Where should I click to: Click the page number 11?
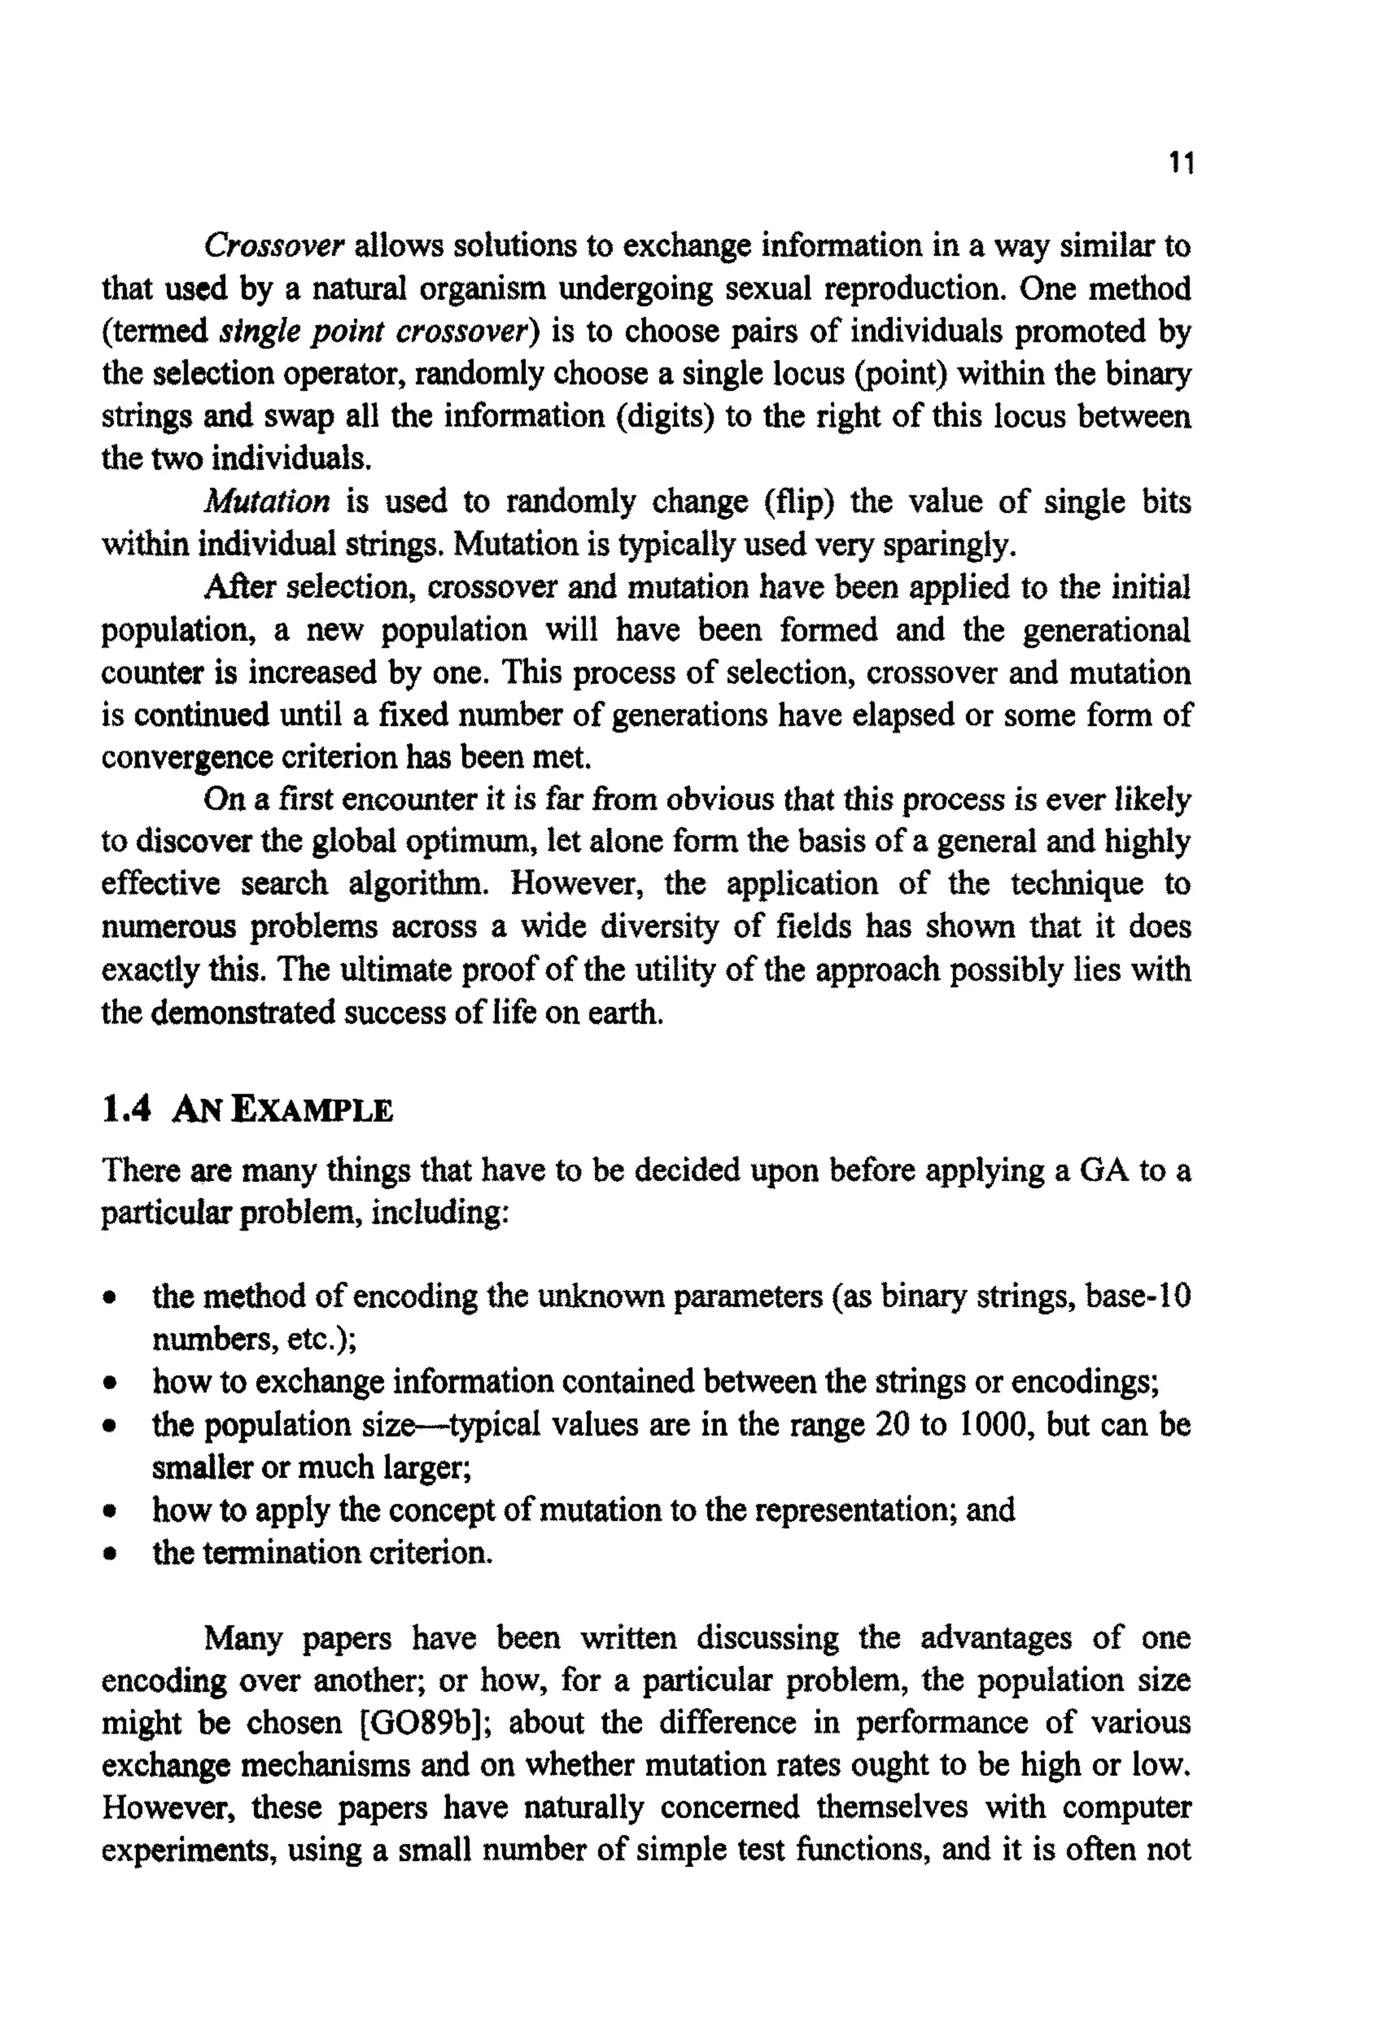(1180, 164)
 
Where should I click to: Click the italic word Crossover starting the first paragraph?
(275, 246)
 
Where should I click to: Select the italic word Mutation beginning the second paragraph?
(268, 502)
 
